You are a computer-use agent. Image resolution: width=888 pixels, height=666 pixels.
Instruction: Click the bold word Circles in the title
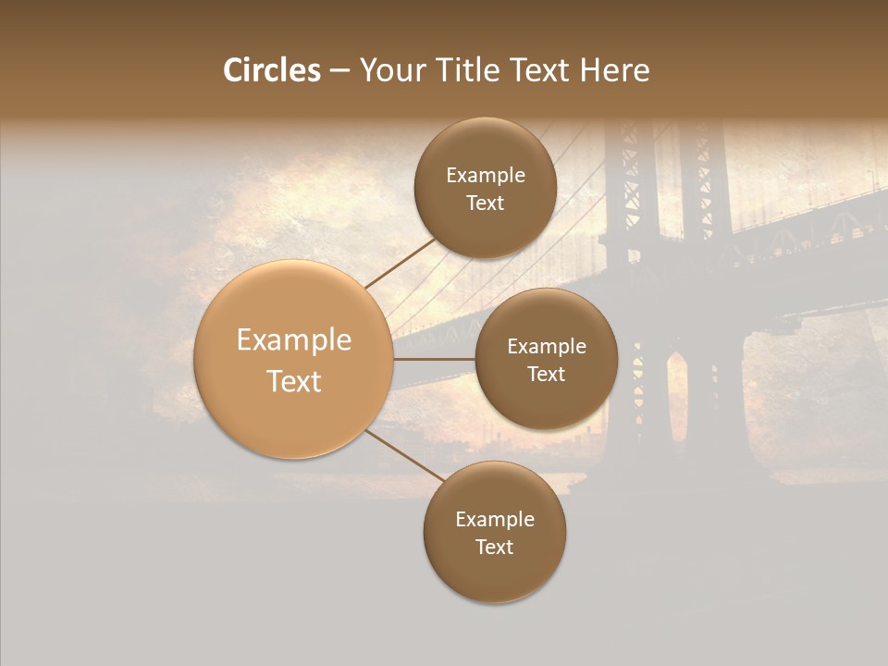pyautogui.click(x=272, y=70)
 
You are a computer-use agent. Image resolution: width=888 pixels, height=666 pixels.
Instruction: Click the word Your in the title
pyautogui.click(x=390, y=70)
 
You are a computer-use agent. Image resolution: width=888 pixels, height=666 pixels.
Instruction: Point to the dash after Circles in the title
pyautogui.click(x=339, y=71)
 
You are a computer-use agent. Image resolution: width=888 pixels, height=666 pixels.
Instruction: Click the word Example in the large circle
pyautogui.click(x=294, y=340)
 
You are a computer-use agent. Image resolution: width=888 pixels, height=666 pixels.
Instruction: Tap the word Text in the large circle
pyautogui.click(x=294, y=381)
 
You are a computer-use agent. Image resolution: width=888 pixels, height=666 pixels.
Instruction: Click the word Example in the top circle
pyautogui.click(x=486, y=176)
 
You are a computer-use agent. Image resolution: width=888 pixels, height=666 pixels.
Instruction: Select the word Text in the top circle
pyautogui.click(x=485, y=203)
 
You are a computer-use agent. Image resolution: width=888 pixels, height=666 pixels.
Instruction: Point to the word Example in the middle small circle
pyautogui.click(x=547, y=347)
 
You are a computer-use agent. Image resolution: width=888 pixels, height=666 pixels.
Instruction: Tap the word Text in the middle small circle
pyautogui.click(x=546, y=375)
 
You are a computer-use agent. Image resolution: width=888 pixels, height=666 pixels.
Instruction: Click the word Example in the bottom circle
pyautogui.click(x=495, y=520)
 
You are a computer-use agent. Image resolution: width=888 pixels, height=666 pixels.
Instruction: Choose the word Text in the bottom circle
pyautogui.click(x=494, y=548)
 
